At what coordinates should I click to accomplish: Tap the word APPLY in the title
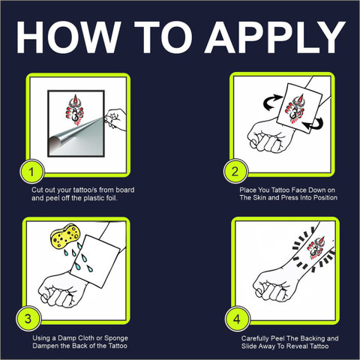click(x=275, y=37)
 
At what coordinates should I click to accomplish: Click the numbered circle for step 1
click(x=31, y=172)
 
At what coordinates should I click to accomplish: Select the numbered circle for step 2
click(x=235, y=172)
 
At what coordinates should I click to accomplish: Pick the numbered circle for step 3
click(x=28, y=319)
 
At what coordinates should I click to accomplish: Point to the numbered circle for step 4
click(x=237, y=319)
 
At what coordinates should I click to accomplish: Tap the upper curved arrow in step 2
click(x=273, y=103)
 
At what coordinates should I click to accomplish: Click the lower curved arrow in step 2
click(x=313, y=124)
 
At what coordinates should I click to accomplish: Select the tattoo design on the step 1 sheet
click(x=75, y=109)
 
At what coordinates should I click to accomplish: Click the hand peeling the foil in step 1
click(x=114, y=119)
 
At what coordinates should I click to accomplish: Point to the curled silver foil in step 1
click(x=75, y=137)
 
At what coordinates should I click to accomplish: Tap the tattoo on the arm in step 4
click(x=316, y=248)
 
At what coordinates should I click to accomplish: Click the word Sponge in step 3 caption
click(x=116, y=338)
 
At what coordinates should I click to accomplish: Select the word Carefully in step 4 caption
click(x=255, y=339)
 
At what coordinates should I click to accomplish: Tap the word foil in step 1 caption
click(x=111, y=198)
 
